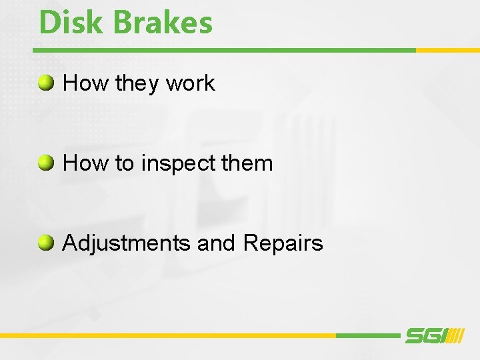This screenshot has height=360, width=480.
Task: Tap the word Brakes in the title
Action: [163, 22]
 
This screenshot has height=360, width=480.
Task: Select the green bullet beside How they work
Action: [46, 83]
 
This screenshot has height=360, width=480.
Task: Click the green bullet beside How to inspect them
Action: [46, 163]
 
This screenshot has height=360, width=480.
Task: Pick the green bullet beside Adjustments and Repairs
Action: [46, 243]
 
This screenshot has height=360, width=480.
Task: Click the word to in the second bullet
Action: [125, 163]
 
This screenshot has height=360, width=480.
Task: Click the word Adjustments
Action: [127, 243]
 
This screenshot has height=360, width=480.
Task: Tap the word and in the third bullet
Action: [217, 243]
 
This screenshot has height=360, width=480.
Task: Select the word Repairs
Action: [283, 244]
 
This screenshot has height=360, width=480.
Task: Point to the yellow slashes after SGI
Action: [455, 336]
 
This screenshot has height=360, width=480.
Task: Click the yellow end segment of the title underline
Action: [447, 50]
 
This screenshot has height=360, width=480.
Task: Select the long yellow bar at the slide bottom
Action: [167, 335]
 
